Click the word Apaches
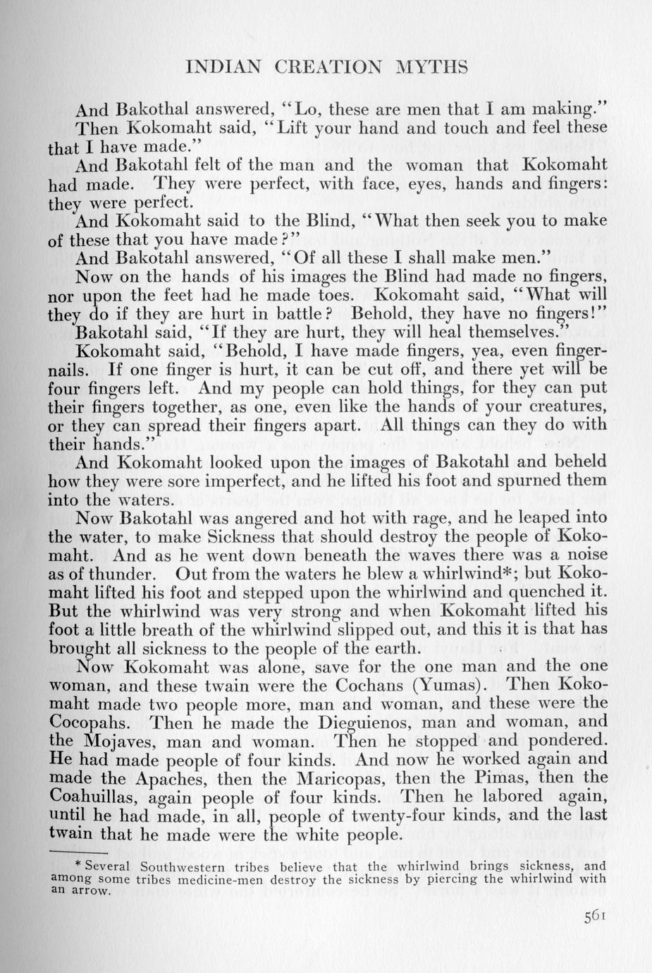pos(168,779)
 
